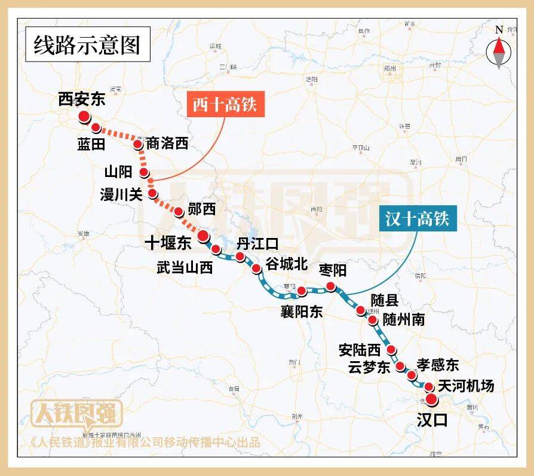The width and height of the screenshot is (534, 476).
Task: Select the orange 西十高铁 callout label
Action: pos(224,105)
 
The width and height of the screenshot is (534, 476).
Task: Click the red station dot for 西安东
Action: pos(84,117)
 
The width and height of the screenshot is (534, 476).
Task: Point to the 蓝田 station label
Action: pos(91,144)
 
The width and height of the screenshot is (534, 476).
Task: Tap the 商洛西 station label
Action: pos(167,144)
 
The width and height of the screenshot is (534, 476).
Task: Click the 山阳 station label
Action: pos(117,172)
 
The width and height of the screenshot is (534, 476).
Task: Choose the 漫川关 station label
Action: pos(121,194)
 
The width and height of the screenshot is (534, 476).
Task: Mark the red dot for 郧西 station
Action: pos(178,212)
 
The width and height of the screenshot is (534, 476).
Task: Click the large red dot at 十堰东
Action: pos(202,235)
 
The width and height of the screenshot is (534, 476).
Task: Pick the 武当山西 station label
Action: pos(185,267)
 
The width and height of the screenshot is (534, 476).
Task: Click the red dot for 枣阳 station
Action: pos(331,287)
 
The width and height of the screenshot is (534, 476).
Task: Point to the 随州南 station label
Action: pos(404,319)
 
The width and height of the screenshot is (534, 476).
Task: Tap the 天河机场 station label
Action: pos(466,386)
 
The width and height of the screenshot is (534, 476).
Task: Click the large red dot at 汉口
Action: pos(431,399)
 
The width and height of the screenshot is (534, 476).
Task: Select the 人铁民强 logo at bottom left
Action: pos(76,413)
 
